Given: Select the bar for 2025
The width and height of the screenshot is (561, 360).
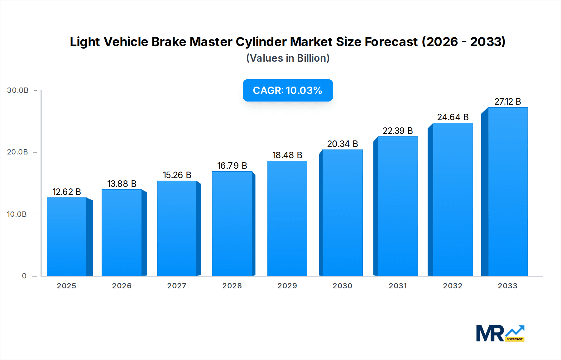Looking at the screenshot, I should coord(67,237).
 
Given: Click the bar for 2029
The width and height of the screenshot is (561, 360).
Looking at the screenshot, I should coord(287,218).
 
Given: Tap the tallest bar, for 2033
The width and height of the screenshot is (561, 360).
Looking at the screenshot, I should coord(507,192).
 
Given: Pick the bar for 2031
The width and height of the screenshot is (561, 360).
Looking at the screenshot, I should coord(397,206).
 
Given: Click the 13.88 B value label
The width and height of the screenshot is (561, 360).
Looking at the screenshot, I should coord(122,184).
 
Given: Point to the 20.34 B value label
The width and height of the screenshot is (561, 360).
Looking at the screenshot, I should coord(343,144).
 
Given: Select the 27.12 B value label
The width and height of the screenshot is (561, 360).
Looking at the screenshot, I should coord(508,102).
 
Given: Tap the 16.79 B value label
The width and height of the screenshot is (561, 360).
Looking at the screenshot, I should coord(232,166).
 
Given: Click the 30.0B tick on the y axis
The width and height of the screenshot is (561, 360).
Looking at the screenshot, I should coord(18,90).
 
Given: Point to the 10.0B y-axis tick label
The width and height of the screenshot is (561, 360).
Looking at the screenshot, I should coord(17,214).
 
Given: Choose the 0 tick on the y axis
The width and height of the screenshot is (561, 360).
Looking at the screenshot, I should coord(24,276).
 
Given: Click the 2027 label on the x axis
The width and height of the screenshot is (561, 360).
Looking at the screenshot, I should coord(177,286).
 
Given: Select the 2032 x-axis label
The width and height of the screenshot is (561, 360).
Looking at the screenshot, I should coord(453,286).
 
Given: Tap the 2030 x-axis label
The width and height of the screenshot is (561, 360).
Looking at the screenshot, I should coord(343,286).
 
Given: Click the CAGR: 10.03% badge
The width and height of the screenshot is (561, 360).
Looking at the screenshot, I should coord(288,90).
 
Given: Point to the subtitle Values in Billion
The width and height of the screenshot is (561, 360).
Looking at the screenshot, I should coord(288,58).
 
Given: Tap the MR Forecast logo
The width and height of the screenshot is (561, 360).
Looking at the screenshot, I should coord(500,333).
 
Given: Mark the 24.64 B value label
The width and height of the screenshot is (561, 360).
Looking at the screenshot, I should coord(453,117).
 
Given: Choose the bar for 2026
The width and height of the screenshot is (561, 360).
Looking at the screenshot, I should coord(122,233).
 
